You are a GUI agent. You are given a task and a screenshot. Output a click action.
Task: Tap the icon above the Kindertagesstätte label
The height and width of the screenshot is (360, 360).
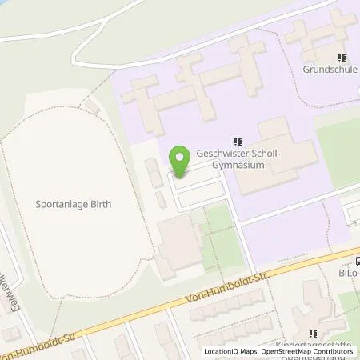click(313, 334)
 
